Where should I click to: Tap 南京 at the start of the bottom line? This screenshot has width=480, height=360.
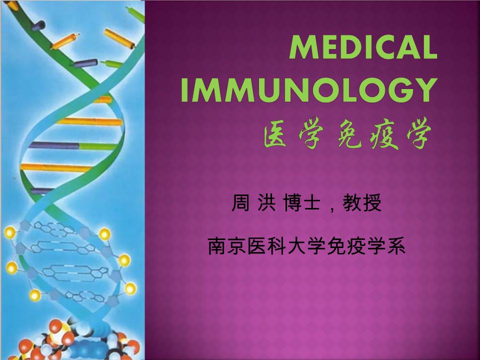click(x=227, y=246)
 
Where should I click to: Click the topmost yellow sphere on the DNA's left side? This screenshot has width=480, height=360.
click(x=9, y=232)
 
